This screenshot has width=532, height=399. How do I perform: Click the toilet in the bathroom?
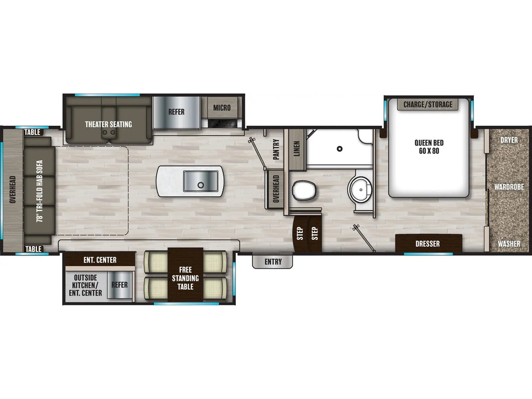[304, 190]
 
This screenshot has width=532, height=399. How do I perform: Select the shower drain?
[339, 149]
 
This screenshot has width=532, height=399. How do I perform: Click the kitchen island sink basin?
[201, 181]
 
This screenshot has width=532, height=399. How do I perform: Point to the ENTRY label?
[273, 262]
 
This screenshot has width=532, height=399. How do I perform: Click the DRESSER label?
[428, 244]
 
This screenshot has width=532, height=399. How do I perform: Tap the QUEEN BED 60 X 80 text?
[429, 147]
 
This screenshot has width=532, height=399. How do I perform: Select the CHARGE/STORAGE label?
[428, 104]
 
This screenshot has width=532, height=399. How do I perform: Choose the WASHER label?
[509, 244]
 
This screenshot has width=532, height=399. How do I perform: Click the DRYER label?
[509, 140]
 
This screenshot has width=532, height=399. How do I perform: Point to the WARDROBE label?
[509, 187]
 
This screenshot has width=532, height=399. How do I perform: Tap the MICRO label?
[222, 108]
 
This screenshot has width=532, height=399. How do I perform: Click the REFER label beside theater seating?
[177, 112]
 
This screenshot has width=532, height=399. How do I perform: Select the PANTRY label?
[276, 149]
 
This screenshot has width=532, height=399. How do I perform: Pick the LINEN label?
[297, 149]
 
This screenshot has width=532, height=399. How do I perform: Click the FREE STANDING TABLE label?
[185, 278]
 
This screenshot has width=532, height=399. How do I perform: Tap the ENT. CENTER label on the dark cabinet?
[100, 260]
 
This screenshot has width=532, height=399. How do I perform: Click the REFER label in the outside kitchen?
[119, 285]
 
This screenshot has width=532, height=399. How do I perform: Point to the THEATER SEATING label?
[109, 124]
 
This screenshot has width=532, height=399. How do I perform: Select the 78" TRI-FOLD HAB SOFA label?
[39, 191]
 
